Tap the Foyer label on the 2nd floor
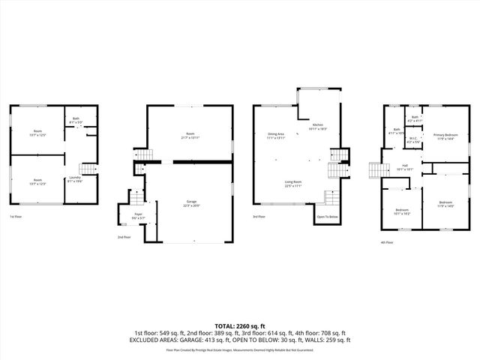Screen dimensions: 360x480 (138, 215)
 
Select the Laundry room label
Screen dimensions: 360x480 (75, 179)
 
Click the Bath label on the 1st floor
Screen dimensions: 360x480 (76, 120)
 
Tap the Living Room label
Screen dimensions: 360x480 (292, 184)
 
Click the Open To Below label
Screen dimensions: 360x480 (327, 217)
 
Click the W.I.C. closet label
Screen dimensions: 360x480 (413, 139)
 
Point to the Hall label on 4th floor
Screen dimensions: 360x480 (404, 166)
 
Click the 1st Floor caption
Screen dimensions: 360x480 (16, 217)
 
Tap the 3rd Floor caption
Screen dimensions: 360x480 (259, 217)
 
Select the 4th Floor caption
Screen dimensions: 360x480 (387, 242)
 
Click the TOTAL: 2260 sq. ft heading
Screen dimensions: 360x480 (240, 325)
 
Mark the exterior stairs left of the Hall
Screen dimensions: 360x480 (374, 170)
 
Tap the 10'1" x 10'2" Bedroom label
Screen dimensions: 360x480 (403, 212)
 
